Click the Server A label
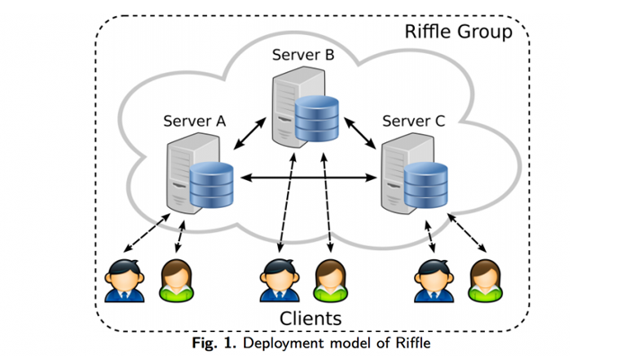(194, 120)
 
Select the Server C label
(413, 120)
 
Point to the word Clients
(310, 318)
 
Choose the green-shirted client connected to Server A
(174, 281)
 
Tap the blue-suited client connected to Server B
(274, 281)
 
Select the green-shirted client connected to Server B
(328, 281)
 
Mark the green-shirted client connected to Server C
(484, 281)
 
